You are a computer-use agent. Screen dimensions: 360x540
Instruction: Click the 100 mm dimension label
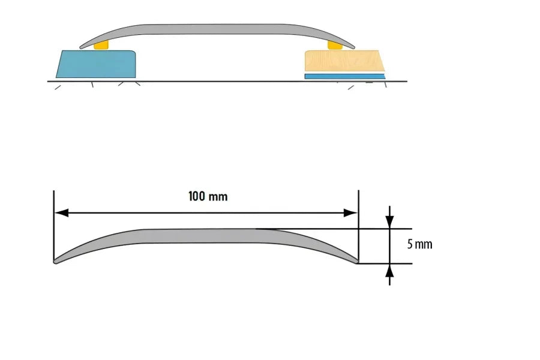(x=208, y=196)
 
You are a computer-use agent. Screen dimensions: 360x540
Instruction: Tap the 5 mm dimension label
(x=419, y=244)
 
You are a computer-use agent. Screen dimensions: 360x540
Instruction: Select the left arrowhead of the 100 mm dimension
(x=61, y=212)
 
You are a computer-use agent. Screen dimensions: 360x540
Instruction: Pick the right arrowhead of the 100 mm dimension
(x=352, y=212)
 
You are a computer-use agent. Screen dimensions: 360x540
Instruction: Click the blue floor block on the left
(x=96, y=64)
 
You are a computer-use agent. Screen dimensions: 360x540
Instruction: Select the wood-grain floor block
(x=343, y=61)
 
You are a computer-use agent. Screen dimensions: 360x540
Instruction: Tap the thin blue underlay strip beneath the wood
(x=344, y=76)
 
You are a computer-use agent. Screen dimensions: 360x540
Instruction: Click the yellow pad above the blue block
(x=102, y=45)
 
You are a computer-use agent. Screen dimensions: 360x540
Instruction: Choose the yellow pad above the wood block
(x=334, y=45)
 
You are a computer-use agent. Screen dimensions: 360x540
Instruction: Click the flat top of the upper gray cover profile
(x=216, y=28)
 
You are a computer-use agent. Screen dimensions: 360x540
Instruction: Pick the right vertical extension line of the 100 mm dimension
(x=358, y=228)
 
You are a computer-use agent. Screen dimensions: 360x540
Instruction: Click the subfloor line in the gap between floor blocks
(x=219, y=81)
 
